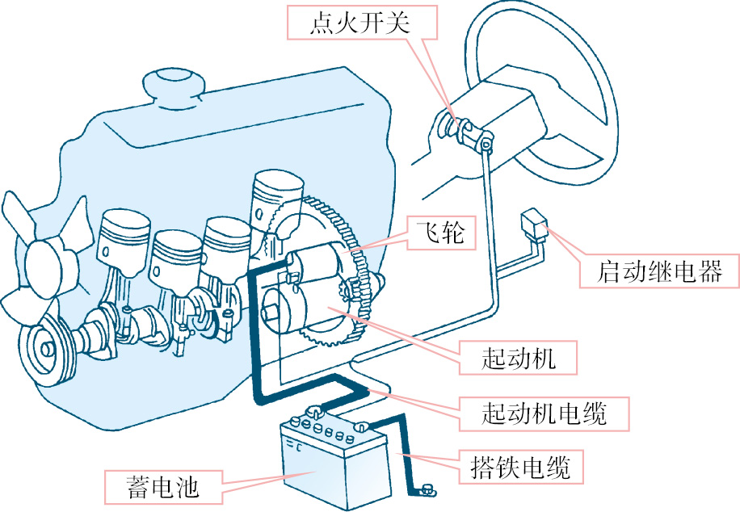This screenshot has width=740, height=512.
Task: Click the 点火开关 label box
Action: tap(362, 22)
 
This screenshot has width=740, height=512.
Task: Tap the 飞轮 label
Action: tap(441, 233)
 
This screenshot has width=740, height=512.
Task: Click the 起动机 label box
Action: tap(518, 358)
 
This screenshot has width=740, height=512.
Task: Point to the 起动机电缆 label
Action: tap(544, 413)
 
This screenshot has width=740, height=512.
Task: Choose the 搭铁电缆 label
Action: tap(521, 467)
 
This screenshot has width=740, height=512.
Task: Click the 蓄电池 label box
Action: tap(163, 487)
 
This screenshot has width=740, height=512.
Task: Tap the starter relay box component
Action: tap(533, 225)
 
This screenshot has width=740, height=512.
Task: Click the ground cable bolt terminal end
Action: tap(427, 490)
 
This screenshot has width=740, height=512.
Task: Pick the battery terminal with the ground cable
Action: tap(361, 427)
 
